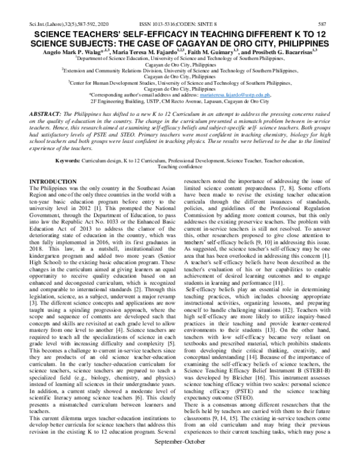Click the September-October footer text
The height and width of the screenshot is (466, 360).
pyautogui.click(x=179, y=459)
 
